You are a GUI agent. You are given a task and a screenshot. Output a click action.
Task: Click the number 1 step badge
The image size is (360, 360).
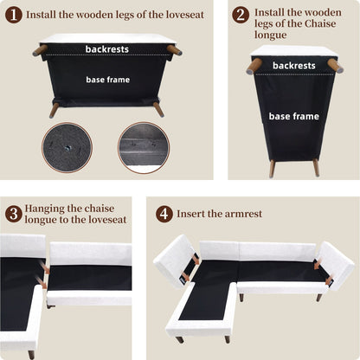(13, 15)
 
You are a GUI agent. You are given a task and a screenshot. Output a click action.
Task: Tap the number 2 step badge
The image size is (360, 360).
(241, 15)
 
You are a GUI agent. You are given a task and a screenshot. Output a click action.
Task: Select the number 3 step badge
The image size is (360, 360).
(13, 213)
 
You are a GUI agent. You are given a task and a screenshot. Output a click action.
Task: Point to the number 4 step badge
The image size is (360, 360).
(164, 213)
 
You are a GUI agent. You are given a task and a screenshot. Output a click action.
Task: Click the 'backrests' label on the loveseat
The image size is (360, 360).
(107, 49)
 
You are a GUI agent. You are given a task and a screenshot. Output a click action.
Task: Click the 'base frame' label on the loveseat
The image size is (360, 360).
(107, 79)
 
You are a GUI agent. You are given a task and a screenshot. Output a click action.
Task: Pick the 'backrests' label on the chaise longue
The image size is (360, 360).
(293, 65)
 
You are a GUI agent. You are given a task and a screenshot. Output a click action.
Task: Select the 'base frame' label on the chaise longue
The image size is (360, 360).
(293, 115)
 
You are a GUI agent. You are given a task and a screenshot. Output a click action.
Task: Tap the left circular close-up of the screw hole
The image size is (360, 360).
(66, 147)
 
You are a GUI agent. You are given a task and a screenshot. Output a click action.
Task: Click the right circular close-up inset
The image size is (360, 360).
(143, 147)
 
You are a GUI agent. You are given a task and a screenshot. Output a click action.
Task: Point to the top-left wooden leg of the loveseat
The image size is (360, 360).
(40, 50)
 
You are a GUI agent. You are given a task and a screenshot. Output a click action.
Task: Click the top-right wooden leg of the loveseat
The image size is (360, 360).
(175, 50)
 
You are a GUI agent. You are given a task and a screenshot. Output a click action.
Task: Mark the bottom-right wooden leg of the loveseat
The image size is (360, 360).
(158, 109)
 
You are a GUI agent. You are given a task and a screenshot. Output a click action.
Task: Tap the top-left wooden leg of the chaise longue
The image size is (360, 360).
(254, 66)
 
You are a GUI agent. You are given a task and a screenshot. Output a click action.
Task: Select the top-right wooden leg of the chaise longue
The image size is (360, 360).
(334, 66)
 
